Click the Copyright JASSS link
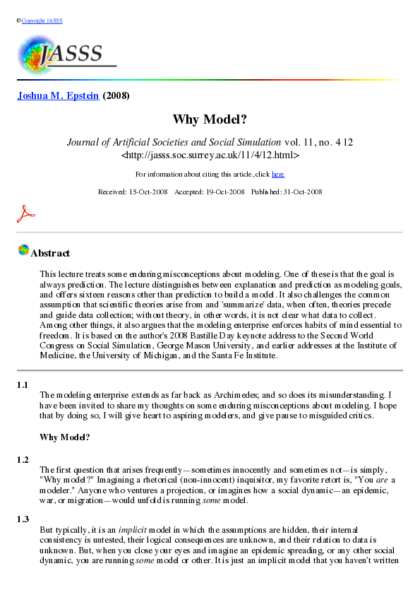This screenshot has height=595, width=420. point(42,20)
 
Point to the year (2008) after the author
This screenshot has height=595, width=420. point(116,95)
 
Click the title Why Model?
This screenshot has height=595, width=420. point(210,120)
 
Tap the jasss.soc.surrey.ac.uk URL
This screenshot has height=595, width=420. point(210,155)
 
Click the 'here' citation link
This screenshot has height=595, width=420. point(278,174)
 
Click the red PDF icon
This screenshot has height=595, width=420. point(25,213)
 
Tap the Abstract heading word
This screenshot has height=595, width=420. point(50,253)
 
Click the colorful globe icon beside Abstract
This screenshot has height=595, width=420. point(23,250)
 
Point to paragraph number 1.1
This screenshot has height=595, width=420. point(23,385)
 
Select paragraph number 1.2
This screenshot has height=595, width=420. point(23,460)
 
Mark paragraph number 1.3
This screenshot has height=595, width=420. point(23,519)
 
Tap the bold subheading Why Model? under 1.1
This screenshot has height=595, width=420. point(65,437)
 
